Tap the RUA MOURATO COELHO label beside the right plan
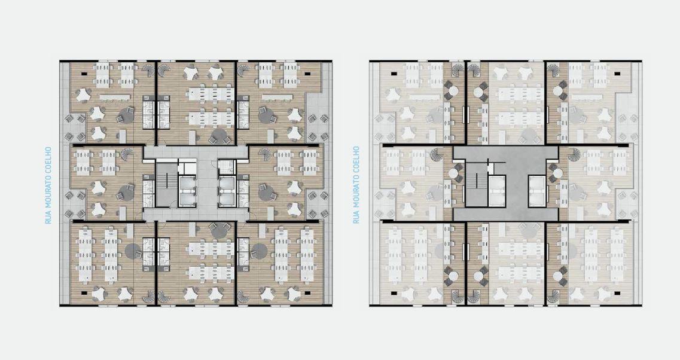point(356,185)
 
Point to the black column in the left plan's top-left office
point(84,74)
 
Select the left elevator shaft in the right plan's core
point(497,191)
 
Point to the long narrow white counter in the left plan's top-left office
point(115,97)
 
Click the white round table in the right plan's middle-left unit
point(453,173)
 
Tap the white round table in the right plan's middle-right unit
point(558,173)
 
